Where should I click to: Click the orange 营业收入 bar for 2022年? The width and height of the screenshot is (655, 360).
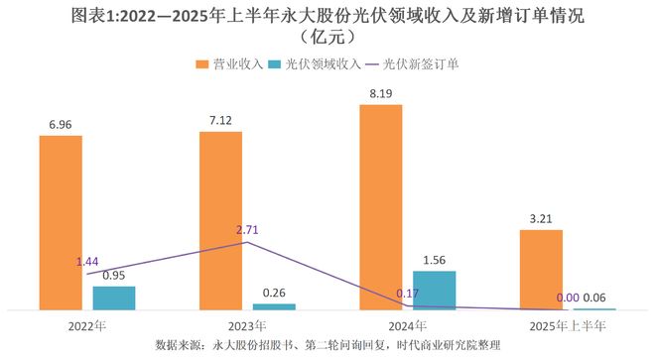(61, 222)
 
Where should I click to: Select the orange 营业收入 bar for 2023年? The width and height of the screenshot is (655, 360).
(220, 220)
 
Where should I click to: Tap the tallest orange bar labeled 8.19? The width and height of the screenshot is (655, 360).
(381, 206)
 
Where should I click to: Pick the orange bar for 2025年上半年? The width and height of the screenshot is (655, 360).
(541, 270)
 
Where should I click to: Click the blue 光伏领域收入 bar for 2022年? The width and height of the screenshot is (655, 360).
(114, 298)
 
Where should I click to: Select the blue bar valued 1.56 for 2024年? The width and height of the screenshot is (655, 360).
(434, 290)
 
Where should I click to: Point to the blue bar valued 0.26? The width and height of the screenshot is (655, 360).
(274, 306)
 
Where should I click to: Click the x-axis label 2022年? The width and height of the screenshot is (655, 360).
(87, 325)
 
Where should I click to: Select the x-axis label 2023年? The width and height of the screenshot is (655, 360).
(247, 325)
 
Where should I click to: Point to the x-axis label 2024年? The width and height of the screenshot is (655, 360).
(407, 325)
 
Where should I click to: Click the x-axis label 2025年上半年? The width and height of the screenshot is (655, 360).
(567, 325)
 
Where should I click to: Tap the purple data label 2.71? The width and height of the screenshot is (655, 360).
(247, 230)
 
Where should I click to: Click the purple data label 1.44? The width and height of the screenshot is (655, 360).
(89, 262)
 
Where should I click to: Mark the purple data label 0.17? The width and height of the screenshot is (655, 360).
(408, 294)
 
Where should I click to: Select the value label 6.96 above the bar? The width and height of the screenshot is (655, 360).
(61, 125)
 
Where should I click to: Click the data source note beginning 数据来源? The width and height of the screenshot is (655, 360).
(327, 345)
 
